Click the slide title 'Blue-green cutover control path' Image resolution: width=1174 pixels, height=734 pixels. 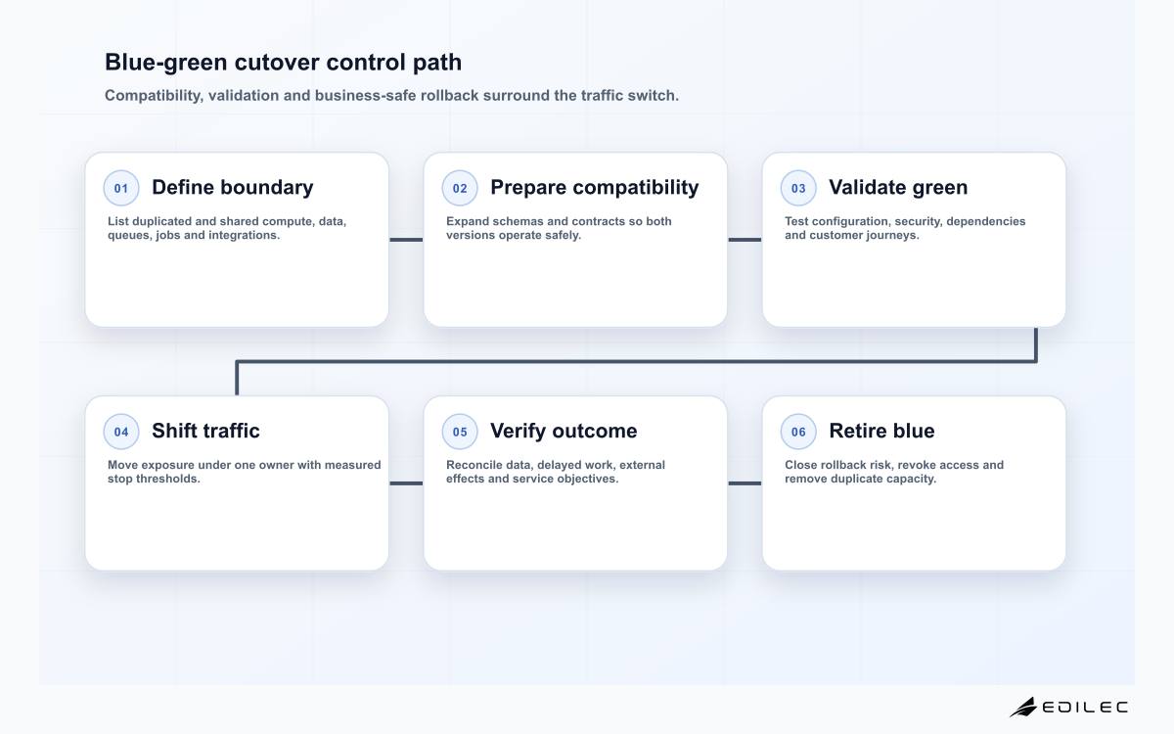283,63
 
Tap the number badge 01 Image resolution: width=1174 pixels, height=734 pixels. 121,188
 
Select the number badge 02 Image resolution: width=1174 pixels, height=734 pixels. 460,188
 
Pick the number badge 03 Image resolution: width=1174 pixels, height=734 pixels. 798,188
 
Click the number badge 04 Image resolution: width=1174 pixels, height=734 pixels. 121,432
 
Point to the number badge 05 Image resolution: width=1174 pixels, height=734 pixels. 460,432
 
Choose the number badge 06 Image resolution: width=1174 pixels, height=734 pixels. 798,432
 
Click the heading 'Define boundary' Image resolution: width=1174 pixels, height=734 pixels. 233,187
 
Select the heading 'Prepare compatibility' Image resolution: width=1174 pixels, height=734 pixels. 595,188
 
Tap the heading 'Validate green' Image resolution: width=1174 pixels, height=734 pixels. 898,188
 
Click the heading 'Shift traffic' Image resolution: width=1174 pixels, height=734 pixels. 205,431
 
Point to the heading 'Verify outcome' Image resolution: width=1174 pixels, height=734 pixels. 564,431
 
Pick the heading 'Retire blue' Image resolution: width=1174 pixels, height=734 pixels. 882,431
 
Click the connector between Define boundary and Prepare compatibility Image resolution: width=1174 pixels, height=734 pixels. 406,240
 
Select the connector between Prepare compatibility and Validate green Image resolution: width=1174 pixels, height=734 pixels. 745,240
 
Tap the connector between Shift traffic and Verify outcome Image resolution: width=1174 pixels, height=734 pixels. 406,482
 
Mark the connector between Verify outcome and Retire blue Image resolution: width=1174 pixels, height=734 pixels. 745,482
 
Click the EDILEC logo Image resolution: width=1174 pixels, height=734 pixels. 1069,707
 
